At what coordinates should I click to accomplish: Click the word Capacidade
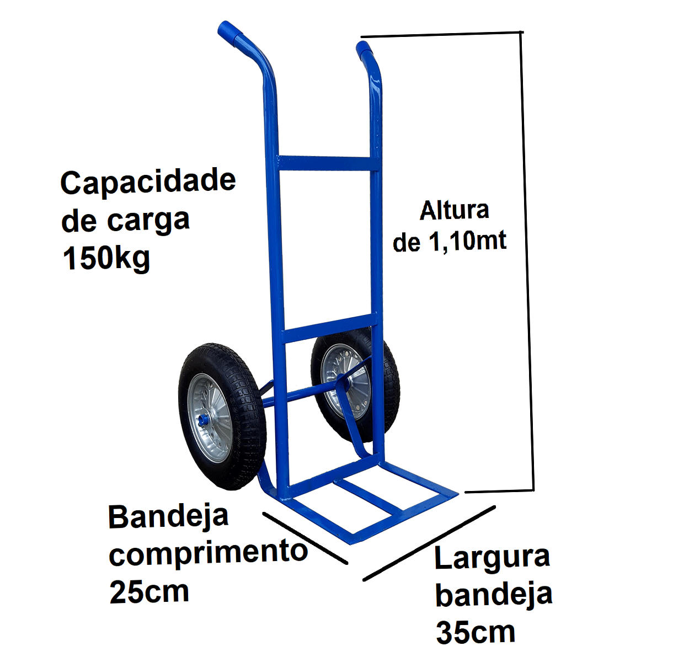tap(148, 182)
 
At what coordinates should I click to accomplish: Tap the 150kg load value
tap(106, 259)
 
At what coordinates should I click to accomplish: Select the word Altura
tap(454, 211)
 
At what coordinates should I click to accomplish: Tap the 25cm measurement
tap(149, 592)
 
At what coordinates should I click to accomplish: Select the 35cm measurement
tap(476, 632)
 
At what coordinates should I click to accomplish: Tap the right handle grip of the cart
tap(364, 50)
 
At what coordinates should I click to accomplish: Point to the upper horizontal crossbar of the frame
tap(328, 163)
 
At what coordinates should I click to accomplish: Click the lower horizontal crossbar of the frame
tap(329, 329)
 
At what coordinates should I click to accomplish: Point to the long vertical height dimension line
tap(528, 261)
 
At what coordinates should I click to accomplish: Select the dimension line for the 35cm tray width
tap(429, 543)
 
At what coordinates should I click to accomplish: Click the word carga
tap(148, 221)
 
